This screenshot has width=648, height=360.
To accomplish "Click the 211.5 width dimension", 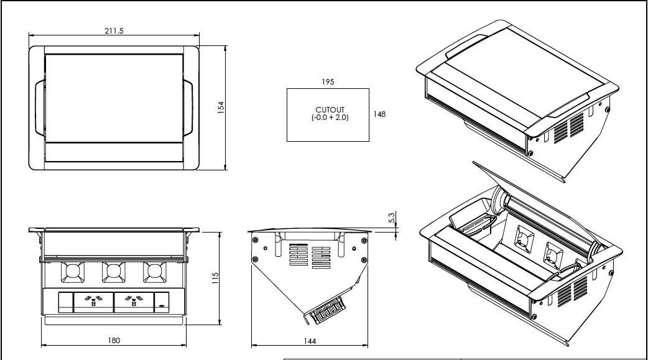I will coord(114,31).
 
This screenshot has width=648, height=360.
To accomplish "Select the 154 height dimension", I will coord(221,107).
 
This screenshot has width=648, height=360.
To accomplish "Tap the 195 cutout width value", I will coord(328,82).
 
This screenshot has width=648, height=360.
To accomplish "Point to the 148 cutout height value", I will coord(380,114).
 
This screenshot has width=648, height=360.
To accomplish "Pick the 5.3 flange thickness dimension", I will coord(391,218).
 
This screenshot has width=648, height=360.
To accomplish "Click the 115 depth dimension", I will coord(215,278).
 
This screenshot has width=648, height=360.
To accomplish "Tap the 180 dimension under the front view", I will coord(114,340).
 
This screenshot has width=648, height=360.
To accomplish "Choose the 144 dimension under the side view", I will coord(310,341).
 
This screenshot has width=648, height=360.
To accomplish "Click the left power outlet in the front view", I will coord(93,302).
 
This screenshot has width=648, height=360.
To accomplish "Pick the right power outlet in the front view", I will coord(133,302).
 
